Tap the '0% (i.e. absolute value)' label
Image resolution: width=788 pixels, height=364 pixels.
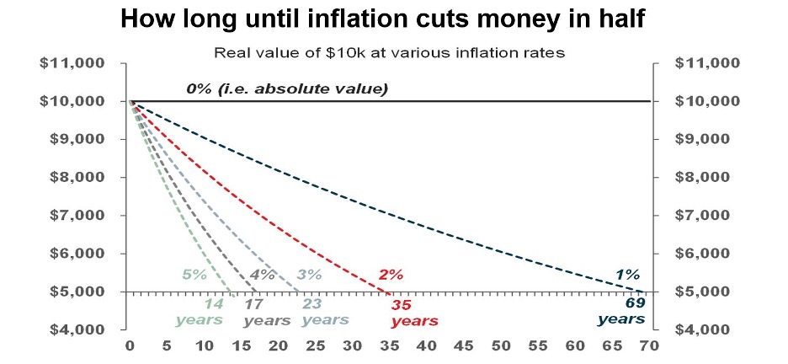click(x=287, y=88)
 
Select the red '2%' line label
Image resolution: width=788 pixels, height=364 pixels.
click(x=391, y=274)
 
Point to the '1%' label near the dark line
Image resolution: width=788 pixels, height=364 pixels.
click(x=627, y=274)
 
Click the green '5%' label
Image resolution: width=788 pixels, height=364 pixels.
click(x=194, y=274)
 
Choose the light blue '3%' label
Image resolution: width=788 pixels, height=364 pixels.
click(x=310, y=274)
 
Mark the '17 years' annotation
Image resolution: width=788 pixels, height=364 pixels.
click(x=267, y=312)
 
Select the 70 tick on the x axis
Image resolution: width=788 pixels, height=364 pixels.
click(x=649, y=345)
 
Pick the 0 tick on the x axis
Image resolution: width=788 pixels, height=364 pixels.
click(x=130, y=345)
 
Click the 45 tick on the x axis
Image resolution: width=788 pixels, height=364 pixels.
click(x=464, y=345)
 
